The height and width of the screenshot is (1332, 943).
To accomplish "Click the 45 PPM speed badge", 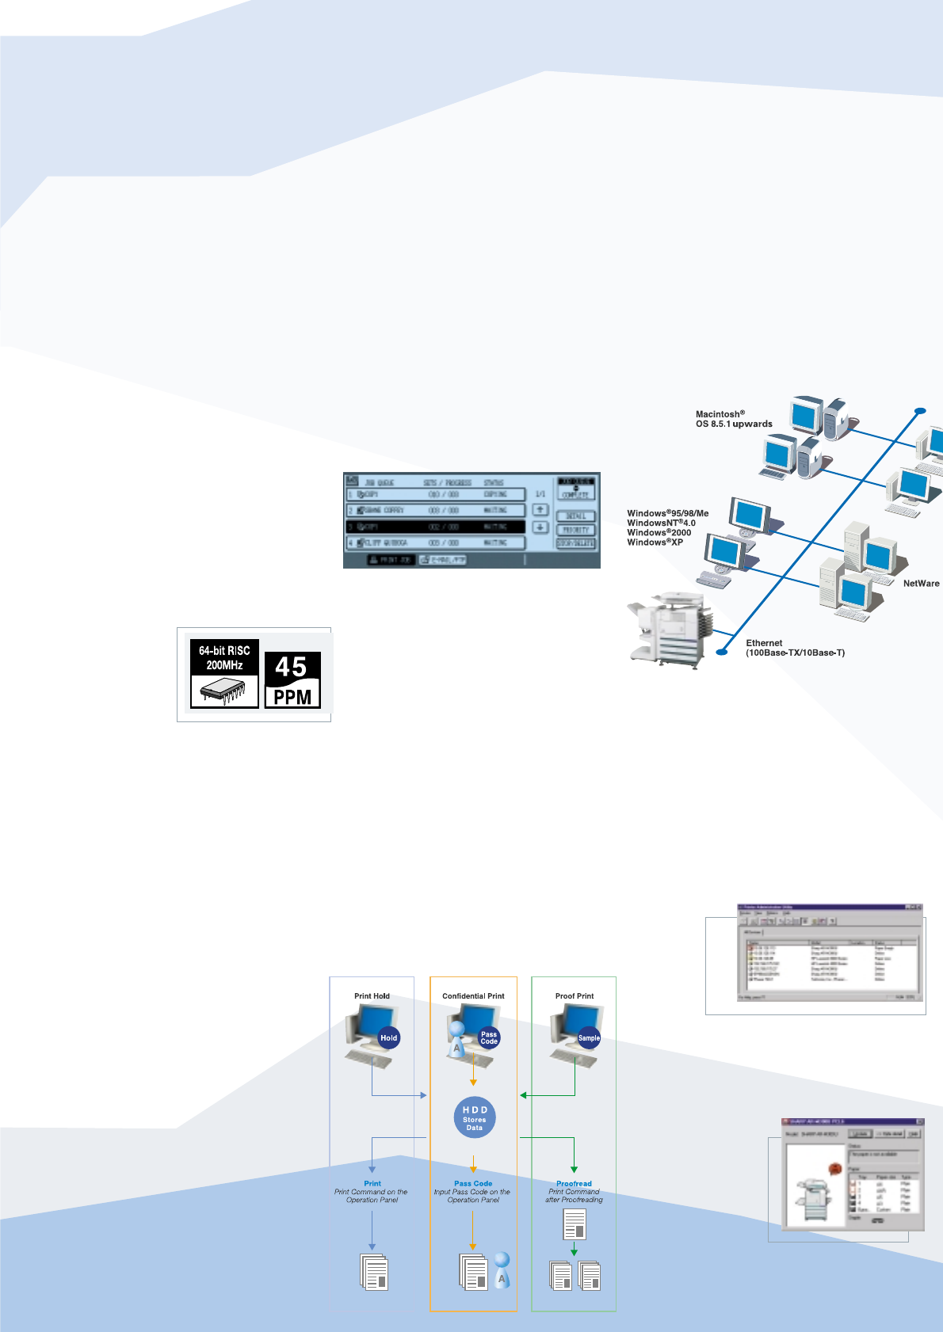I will (292, 679).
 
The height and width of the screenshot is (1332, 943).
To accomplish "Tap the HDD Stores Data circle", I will (475, 1117).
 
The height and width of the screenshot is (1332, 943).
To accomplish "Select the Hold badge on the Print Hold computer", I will (388, 1037).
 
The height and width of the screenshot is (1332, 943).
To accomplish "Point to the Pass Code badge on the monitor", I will (489, 1037).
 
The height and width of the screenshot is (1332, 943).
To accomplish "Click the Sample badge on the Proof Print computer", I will (589, 1037).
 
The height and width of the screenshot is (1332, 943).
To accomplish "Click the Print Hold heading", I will (372, 996).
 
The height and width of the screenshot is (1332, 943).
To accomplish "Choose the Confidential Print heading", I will (473, 996).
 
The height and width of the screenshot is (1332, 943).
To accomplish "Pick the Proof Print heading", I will (575, 996).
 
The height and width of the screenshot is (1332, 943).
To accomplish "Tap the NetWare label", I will (921, 584).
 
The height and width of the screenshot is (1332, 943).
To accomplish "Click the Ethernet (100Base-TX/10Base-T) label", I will (795, 648).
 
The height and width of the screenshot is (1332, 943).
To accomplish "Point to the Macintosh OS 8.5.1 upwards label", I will (734, 419).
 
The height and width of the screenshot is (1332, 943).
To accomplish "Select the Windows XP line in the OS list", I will (655, 542).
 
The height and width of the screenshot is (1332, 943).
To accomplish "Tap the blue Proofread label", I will (574, 1183).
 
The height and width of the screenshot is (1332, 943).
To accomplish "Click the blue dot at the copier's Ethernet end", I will (721, 653).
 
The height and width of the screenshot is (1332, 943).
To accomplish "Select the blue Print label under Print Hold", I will (372, 1183).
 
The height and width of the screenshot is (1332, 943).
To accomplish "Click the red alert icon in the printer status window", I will (834, 1168).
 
